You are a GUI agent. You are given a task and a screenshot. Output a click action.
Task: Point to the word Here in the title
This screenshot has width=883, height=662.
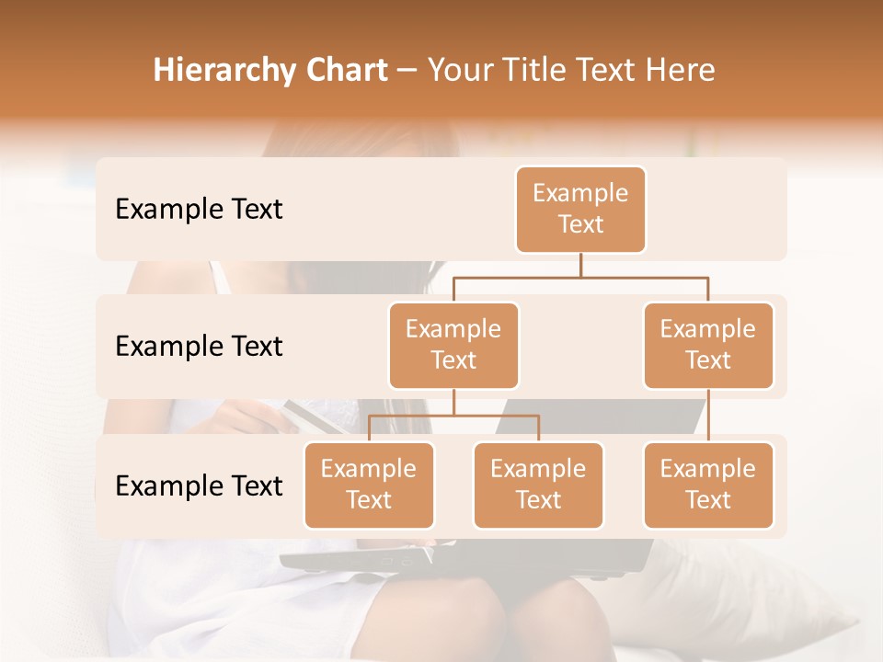680,71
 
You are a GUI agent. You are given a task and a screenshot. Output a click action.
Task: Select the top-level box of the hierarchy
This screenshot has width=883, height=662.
580,209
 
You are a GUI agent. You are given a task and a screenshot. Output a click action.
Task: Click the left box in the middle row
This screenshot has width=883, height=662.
453,345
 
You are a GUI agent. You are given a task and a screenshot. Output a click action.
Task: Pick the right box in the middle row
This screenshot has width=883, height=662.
708,345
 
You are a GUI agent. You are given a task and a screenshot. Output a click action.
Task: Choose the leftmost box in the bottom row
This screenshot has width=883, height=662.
369,485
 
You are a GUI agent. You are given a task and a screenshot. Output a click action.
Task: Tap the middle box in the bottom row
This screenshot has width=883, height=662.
538,485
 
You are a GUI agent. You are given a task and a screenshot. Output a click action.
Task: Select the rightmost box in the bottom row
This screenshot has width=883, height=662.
708,485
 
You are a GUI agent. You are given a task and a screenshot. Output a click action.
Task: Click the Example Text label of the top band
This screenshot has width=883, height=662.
199,210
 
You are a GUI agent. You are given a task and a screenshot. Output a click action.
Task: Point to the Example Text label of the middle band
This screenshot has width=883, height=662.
199,347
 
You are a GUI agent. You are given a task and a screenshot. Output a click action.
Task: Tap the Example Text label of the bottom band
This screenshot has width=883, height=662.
199,485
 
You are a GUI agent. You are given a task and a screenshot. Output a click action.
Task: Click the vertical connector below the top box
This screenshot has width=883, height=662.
580,265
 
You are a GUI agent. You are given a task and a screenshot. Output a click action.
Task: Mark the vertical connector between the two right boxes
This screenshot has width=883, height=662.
708,415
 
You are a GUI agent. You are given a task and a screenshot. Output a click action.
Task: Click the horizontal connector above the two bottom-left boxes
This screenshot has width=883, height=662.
453,416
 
